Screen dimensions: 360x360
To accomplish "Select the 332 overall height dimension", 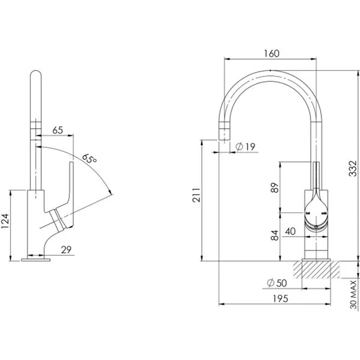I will pyautogui.click(x=352, y=168).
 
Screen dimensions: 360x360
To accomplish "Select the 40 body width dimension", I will pyautogui.click(x=290, y=231).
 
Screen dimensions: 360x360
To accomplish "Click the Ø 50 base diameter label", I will pyautogui.click(x=277, y=283).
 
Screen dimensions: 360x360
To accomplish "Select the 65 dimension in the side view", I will pyautogui.click(x=57, y=130).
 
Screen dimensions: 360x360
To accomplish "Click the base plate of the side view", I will pyautogui.click(x=36, y=260).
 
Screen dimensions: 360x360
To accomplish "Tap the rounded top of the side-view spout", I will pyautogui.click(x=36, y=74).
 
